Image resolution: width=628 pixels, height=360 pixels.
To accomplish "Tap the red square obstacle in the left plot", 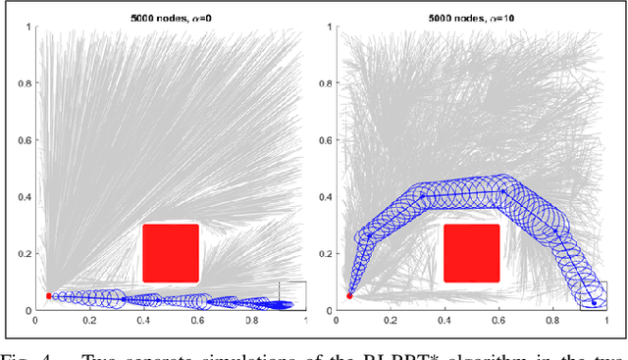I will (171, 253).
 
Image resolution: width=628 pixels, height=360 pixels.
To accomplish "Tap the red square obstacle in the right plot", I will (472, 253).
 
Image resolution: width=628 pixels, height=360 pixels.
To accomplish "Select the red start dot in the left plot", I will (49, 295).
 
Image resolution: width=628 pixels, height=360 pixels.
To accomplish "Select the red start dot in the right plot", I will (350, 295).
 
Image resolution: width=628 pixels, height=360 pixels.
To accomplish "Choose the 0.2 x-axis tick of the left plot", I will (90, 321).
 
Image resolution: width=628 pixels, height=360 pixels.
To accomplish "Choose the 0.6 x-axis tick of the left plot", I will (198, 321).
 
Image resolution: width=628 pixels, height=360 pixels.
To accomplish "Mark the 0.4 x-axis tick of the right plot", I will (445, 321).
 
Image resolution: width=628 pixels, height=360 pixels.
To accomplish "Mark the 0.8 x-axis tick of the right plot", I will (553, 321).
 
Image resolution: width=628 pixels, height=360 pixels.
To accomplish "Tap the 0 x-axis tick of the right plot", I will (337, 321).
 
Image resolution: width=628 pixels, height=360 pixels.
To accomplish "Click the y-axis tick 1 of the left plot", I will (28, 24).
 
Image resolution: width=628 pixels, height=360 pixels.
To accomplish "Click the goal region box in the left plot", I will (292, 295).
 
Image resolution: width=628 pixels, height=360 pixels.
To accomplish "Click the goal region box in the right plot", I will (594, 295).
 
